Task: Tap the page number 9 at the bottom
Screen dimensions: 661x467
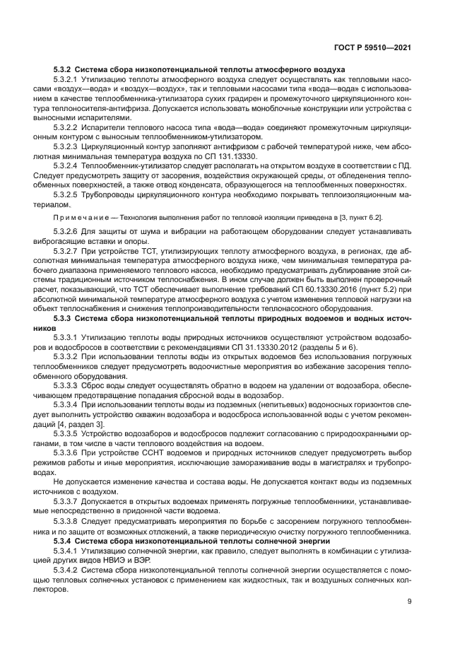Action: click(410, 601)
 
